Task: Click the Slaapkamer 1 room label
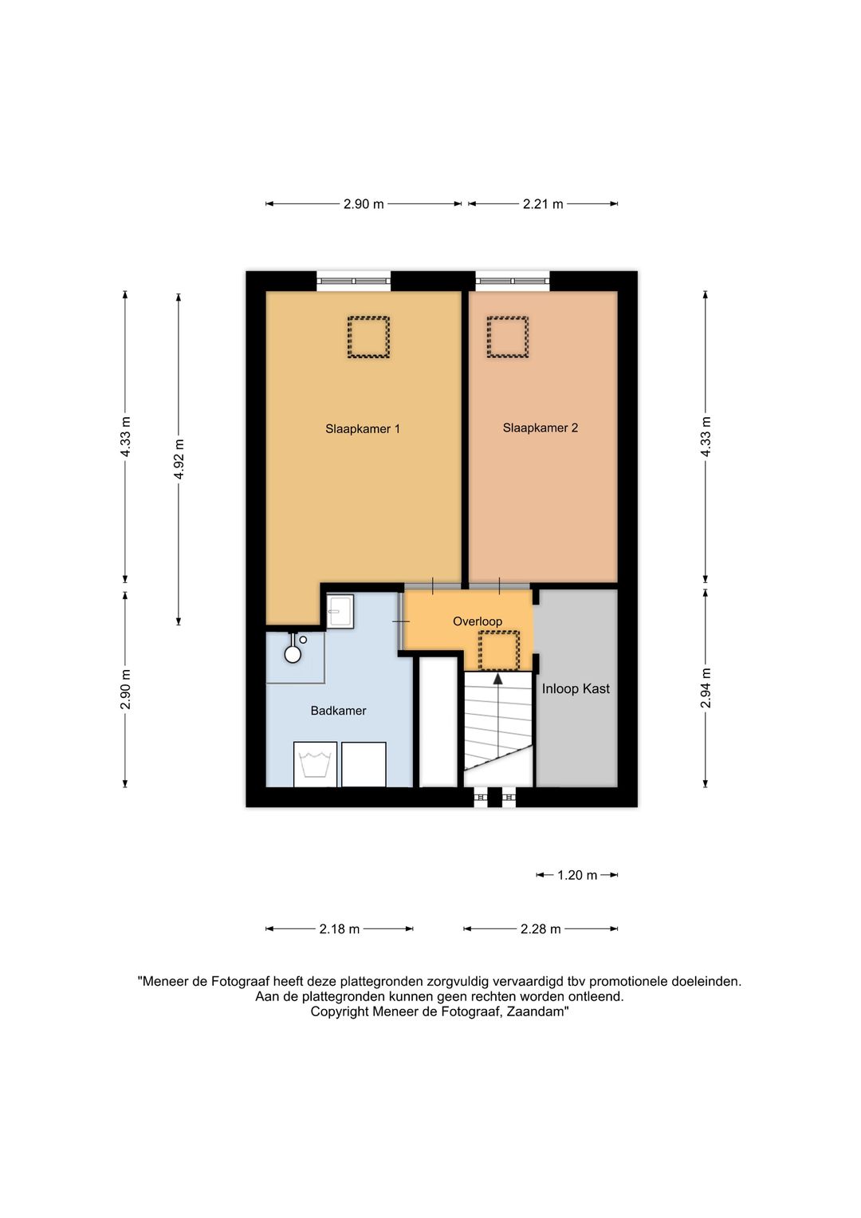click(x=363, y=429)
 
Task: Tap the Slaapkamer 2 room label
click(x=540, y=428)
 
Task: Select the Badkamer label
click(x=338, y=710)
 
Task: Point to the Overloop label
click(x=478, y=621)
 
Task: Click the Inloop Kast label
click(x=576, y=688)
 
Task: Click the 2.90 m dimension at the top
click(x=363, y=204)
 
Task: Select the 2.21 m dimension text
click(x=542, y=204)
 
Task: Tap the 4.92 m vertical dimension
click(x=179, y=459)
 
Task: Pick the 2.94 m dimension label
click(x=706, y=688)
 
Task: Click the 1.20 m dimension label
click(x=576, y=875)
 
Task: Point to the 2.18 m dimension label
click(x=339, y=928)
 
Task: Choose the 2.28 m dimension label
click(x=541, y=928)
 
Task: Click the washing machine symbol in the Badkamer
click(x=315, y=764)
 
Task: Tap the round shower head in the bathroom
click(x=293, y=654)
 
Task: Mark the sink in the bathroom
click(x=340, y=611)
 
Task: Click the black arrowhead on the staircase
click(x=497, y=678)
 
